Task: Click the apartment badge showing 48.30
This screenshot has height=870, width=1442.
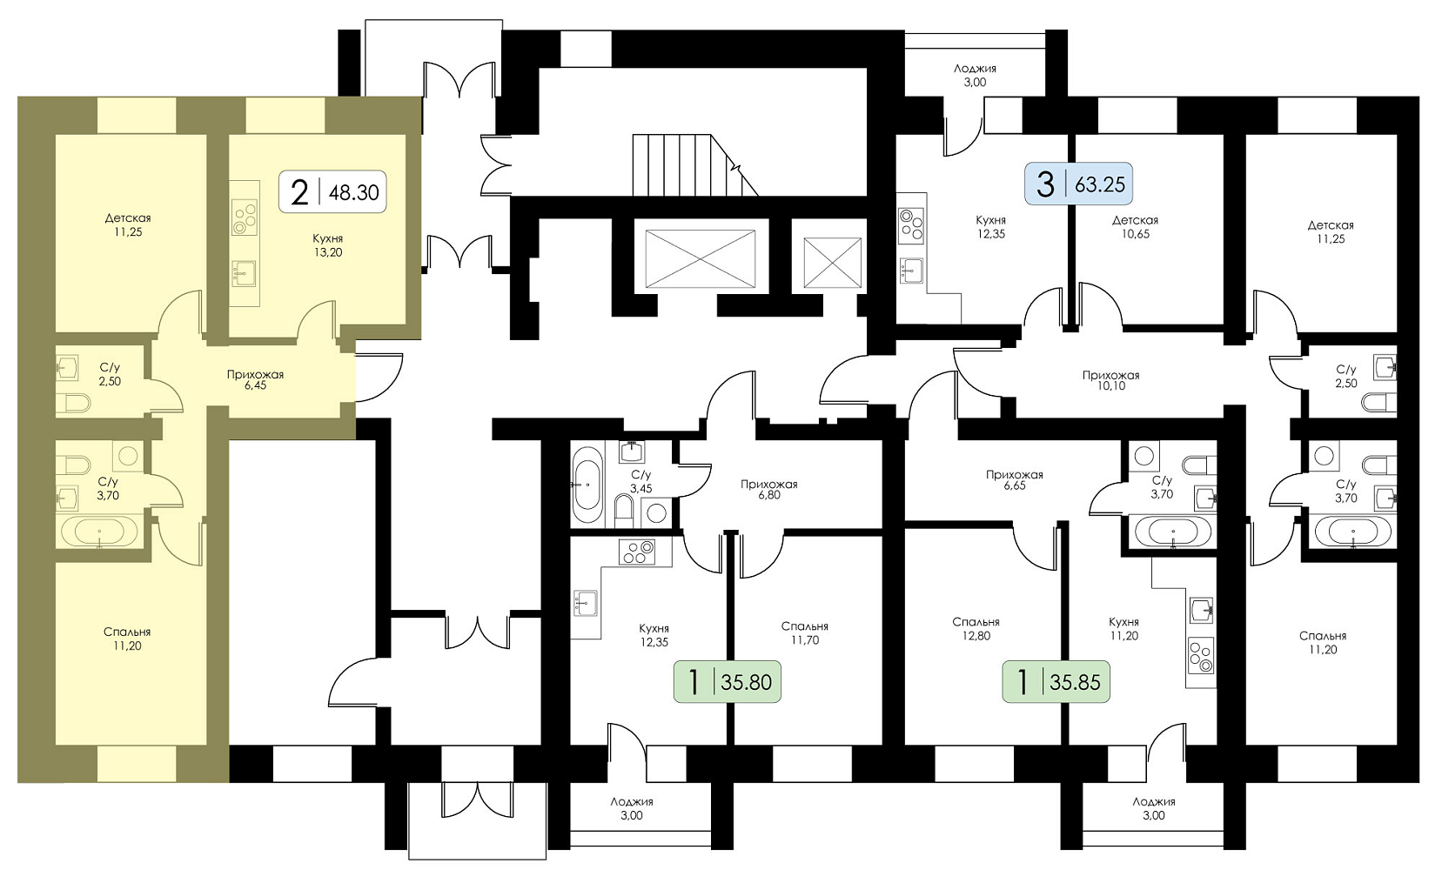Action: click(332, 192)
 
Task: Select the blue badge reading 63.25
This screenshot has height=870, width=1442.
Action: click(1080, 184)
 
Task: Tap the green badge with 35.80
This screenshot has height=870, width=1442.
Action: click(728, 682)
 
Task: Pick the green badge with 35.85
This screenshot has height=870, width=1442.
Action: click(1056, 682)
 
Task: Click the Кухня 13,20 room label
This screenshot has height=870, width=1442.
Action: click(327, 245)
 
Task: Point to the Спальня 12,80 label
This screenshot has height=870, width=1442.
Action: click(976, 629)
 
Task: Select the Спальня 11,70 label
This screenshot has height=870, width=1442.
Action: click(804, 633)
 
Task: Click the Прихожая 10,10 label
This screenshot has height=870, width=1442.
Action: click(1110, 380)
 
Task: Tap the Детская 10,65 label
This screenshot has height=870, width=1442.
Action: click(1135, 227)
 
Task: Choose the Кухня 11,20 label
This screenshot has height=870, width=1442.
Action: click(1123, 629)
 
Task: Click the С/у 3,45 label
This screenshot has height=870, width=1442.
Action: click(641, 481)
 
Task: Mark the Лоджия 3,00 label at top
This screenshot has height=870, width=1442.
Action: click(975, 75)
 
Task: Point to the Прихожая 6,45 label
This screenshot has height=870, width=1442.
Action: click(255, 379)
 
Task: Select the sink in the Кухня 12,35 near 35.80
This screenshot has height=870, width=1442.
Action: click(585, 602)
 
